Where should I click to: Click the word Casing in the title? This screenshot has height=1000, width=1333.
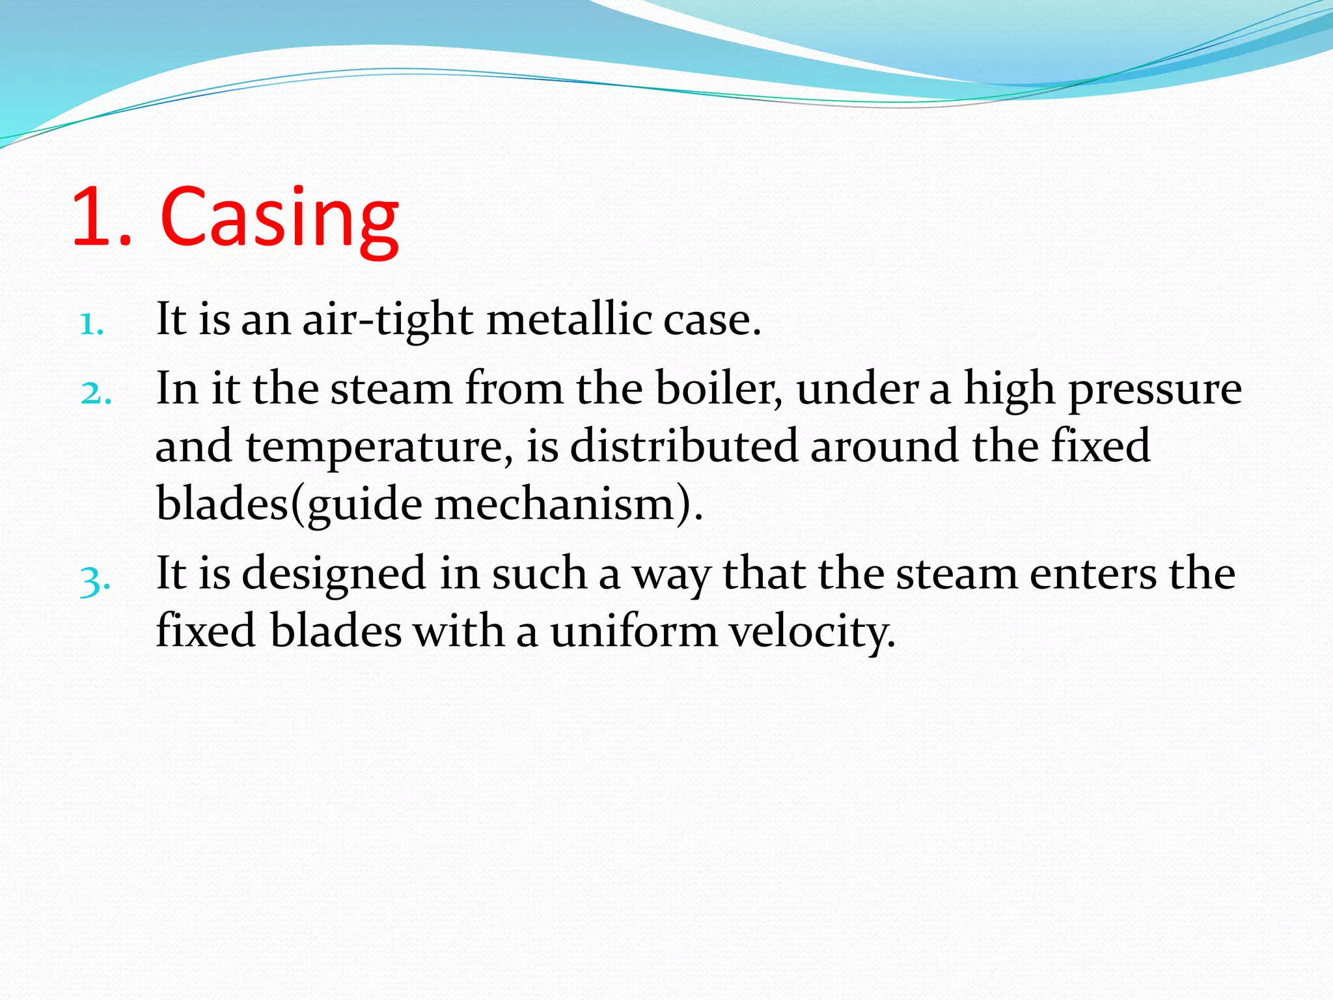(280, 218)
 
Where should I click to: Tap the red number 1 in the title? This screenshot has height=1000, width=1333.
(94, 218)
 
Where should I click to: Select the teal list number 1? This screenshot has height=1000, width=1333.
(91, 324)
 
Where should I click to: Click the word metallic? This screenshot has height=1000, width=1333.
(569, 320)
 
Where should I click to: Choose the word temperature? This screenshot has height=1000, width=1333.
(374, 448)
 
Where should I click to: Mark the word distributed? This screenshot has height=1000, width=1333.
(683, 447)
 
